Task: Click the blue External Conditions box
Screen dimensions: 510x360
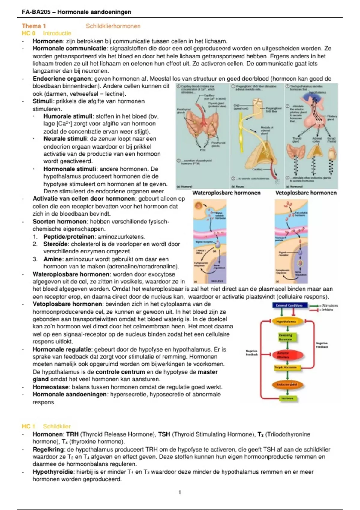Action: coord(289,305)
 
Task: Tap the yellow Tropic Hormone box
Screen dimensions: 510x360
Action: coord(286,367)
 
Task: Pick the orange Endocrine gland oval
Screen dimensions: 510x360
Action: coord(287,384)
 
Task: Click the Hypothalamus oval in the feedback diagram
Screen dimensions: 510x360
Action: coord(286,322)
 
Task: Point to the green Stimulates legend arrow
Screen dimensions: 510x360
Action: coord(314,306)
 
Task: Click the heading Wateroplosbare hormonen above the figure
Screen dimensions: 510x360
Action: coord(226,193)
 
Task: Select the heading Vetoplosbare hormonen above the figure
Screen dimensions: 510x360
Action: coord(306,193)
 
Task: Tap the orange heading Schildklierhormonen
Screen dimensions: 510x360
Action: coord(113,26)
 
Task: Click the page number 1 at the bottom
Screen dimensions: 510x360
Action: coord(180,492)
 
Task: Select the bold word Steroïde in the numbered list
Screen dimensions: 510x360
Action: coord(56,244)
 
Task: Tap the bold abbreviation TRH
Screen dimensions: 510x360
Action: coord(72,434)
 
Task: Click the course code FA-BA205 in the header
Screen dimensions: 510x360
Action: coord(36,12)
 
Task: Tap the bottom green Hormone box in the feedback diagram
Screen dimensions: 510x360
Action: coord(287,398)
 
